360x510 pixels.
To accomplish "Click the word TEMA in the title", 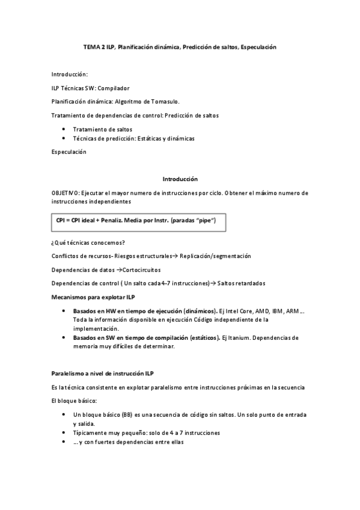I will pos(91,46).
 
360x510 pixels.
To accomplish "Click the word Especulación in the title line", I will pos(258,46).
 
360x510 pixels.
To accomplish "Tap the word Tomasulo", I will pos(165,101).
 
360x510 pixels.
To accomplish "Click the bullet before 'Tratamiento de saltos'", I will pos(64,129).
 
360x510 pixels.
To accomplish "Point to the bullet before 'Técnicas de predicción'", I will pos(64,139).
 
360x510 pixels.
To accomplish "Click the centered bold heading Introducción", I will pos(180,179).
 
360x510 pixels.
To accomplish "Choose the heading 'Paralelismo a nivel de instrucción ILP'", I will pos(103,373).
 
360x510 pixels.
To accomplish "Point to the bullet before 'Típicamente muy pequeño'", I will pos(64,432).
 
